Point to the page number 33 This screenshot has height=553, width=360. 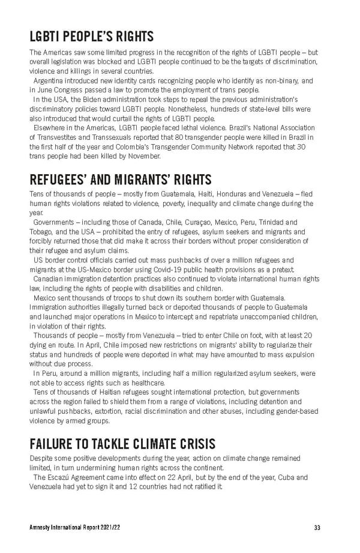click(317, 528)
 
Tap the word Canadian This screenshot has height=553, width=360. click(51, 279)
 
